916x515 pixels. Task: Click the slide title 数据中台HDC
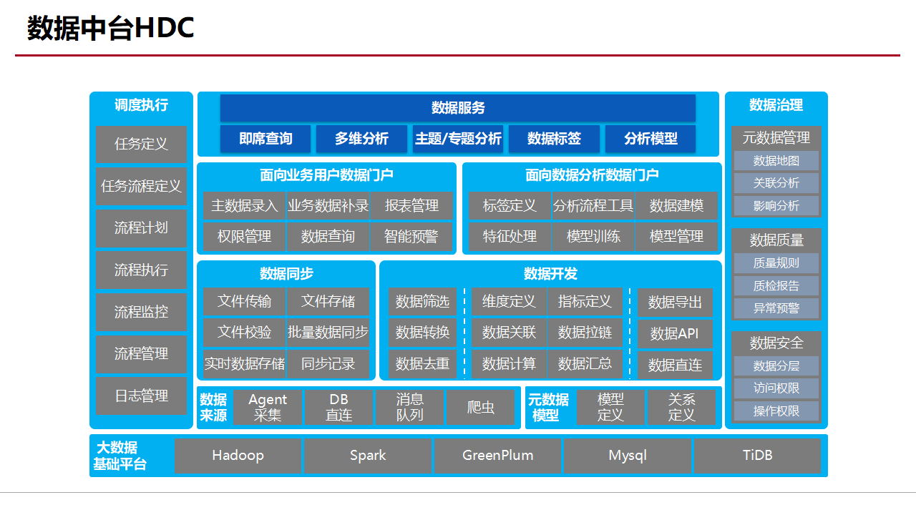click(111, 29)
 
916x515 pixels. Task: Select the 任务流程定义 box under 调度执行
click(141, 186)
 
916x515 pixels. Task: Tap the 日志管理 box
click(141, 396)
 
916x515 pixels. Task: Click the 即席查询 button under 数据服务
click(265, 139)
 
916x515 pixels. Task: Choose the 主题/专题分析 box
click(458, 139)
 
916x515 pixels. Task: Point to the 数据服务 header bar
click(458, 108)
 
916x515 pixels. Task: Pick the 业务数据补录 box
click(328, 206)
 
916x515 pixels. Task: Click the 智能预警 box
click(411, 236)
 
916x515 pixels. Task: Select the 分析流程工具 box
click(593, 206)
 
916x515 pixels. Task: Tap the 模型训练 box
click(593, 236)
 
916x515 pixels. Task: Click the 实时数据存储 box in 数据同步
click(244, 363)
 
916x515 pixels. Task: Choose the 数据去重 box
click(422, 363)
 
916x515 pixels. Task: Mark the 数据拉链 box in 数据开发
click(585, 333)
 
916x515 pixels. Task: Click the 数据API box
click(674, 334)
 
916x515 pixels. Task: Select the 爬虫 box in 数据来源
click(481, 408)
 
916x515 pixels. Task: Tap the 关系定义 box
click(681, 408)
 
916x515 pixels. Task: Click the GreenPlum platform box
click(497, 456)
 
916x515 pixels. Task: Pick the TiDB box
click(757, 456)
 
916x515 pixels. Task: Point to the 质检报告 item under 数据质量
click(776, 285)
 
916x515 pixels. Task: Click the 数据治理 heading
click(776, 105)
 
